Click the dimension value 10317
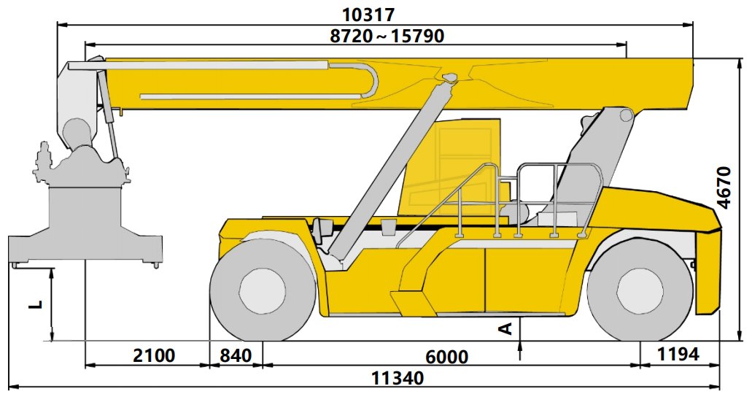coord(368,15)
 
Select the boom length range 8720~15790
coord(387,36)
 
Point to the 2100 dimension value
coord(154,355)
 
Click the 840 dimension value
coord(236,355)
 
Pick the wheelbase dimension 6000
coord(447,357)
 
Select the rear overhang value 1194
coord(678,354)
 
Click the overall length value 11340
coord(398,378)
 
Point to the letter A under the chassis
coord(506,328)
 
